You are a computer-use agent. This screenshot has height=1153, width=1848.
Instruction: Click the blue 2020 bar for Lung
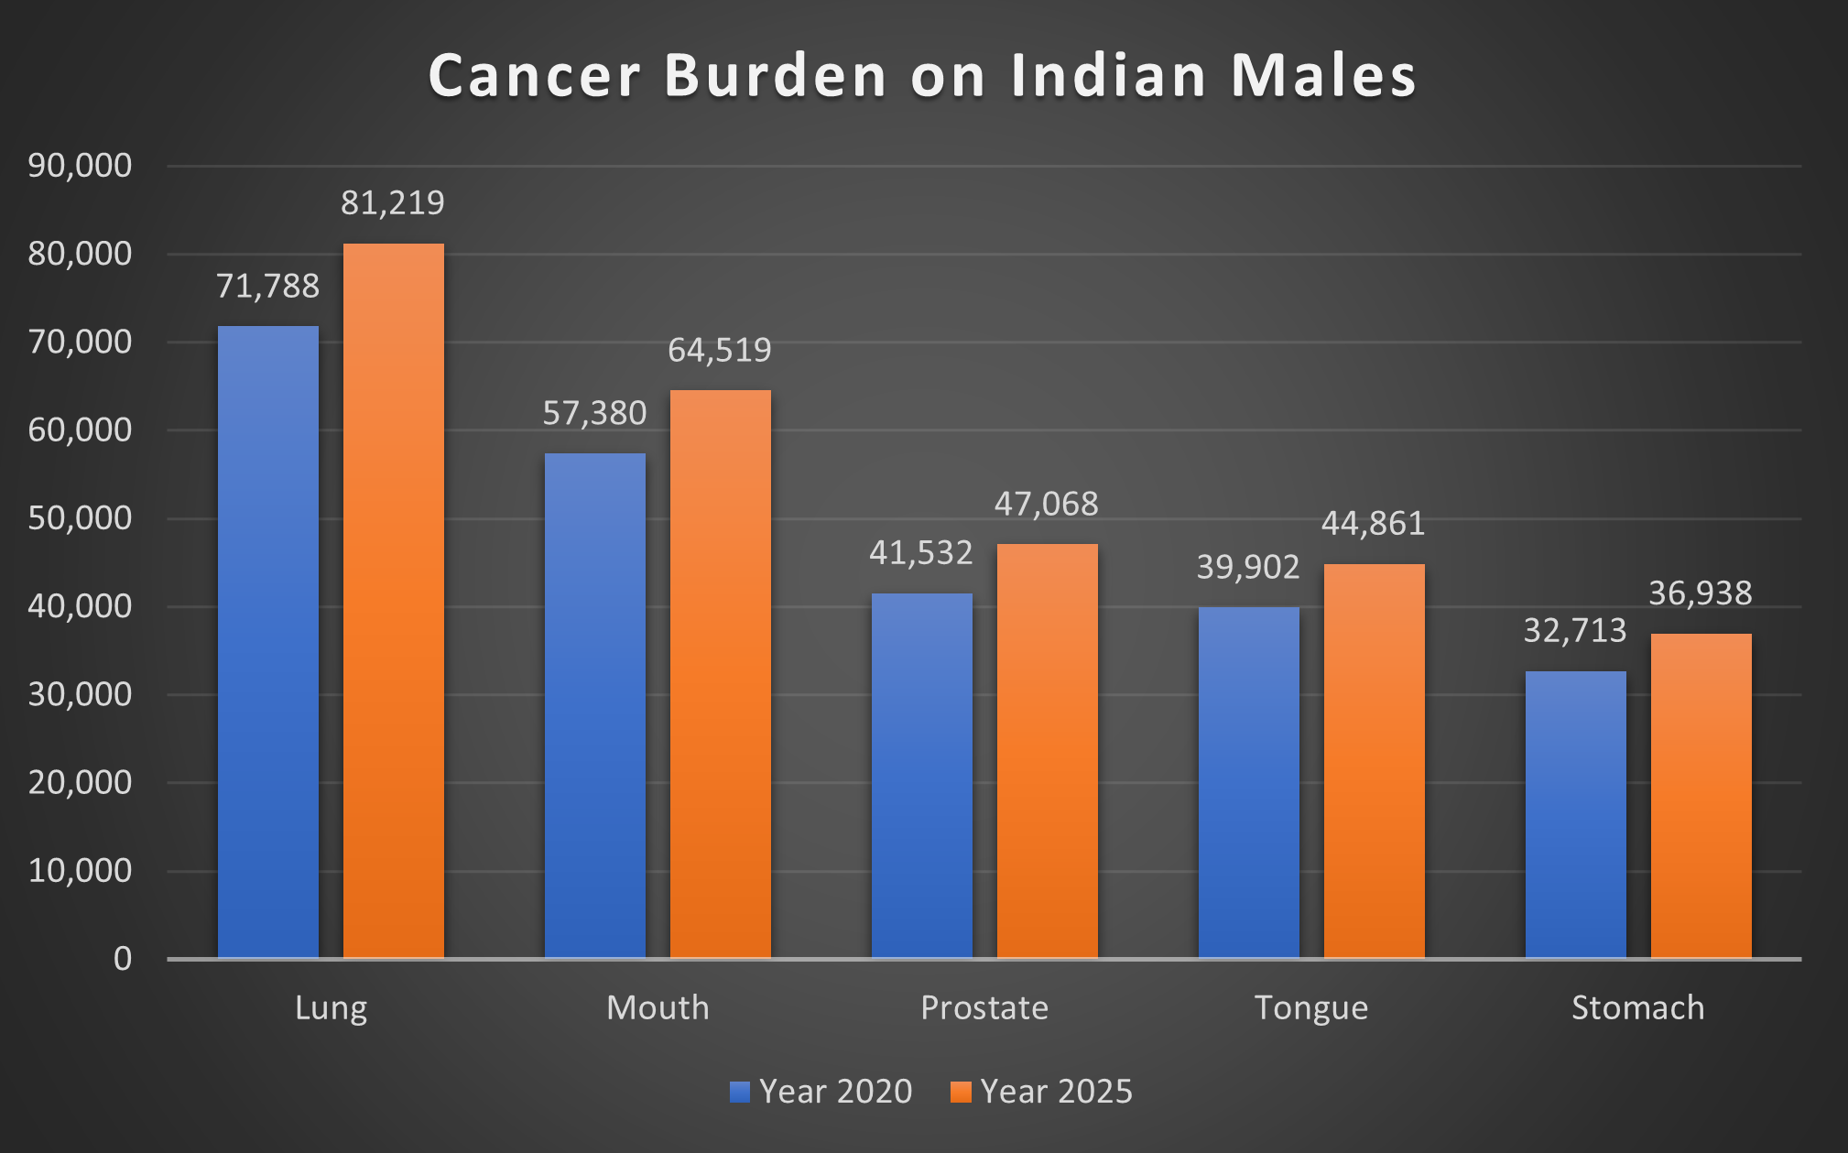268,641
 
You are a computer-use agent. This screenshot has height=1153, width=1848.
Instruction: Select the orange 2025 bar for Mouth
721,674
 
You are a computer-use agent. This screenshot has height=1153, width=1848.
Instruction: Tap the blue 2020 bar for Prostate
921,775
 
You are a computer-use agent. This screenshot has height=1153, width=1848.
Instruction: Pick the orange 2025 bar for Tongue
1374,760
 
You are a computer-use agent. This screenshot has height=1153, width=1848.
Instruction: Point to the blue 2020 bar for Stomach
1575,814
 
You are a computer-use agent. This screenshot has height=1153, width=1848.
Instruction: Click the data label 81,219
393,202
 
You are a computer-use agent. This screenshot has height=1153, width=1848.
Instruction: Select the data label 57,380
594,413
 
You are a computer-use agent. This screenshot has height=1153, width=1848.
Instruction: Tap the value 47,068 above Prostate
1046,504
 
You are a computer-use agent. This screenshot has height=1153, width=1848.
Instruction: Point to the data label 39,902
1248,567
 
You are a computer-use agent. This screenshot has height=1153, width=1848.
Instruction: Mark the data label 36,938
1700,593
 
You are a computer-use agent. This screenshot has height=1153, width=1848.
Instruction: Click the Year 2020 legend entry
821,1092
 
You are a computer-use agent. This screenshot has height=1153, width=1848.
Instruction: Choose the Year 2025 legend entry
1042,1092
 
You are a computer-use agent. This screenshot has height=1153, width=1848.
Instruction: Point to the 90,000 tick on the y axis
81,166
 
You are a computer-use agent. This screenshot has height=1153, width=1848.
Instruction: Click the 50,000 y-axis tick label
81,518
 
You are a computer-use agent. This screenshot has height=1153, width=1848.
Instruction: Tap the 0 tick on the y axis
123,959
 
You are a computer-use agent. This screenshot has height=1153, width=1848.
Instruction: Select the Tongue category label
1310,1007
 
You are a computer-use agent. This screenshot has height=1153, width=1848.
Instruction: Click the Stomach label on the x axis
1637,1007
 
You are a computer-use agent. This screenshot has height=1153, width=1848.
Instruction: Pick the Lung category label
331,1007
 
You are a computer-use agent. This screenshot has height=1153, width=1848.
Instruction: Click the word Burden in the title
776,75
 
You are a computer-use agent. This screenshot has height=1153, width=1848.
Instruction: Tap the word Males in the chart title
1323,75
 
